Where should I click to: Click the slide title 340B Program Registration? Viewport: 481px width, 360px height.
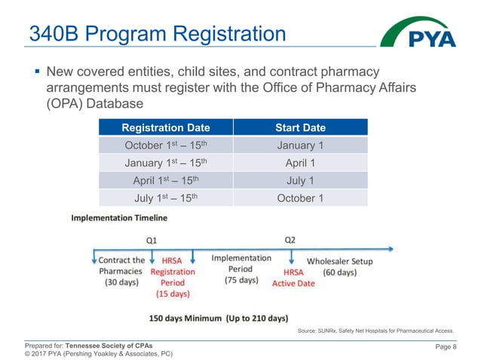tap(157, 34)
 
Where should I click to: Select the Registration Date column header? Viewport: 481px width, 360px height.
tap(165, 127)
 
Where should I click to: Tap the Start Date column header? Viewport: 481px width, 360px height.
tap(300, 127)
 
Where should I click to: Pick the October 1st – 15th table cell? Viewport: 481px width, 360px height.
tap(165, 145)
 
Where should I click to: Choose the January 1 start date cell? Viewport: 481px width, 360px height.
tap(300, 145)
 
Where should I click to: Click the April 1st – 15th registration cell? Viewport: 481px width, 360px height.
tap(165, 180)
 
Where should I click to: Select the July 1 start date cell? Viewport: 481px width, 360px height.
tap(300, 180)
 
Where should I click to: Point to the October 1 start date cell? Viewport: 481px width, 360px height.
tap(300, 198)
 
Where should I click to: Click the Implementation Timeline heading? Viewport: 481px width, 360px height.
tap(119, 218)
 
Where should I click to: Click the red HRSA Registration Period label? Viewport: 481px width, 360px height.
tap(173, 277)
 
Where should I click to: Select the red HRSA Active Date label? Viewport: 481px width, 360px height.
tap(293, 277)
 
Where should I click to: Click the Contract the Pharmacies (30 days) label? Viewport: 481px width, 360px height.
tap(121, 271)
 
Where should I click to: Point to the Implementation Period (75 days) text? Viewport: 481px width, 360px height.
tap(241, 268)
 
